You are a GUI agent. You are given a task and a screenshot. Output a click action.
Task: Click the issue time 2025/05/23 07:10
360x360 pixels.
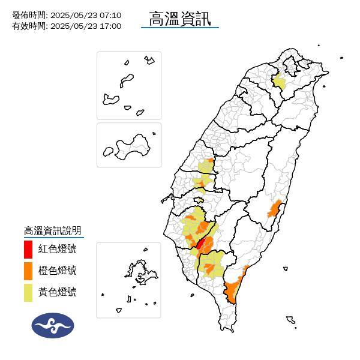coord(86,15)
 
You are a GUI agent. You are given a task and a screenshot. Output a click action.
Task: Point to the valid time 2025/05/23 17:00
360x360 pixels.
coord(86,26)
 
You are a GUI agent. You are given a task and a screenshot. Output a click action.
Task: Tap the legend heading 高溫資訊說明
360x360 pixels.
coord(52,231)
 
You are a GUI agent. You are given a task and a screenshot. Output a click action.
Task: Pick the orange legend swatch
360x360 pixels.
coord(28,270)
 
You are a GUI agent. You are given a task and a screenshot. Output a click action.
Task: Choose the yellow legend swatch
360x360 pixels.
coord(28,292)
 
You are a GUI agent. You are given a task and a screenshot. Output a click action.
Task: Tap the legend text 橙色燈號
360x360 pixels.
coord(57,271)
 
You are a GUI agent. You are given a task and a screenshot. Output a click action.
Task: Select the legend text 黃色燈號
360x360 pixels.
coord(57,292)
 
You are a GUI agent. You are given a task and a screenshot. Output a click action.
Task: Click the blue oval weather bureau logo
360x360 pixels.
coord(53,325)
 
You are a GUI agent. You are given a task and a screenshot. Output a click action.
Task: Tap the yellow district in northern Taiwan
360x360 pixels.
coord(279,82)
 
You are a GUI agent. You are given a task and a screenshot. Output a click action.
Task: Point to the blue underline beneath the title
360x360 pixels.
coord(180,28)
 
